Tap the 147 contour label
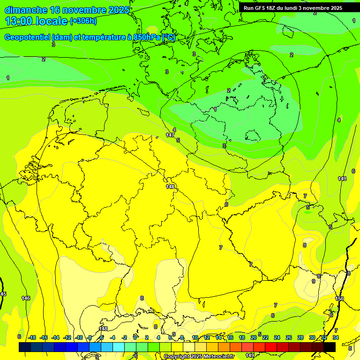click(x=170, y=135)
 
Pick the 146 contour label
click(x=26, y=298)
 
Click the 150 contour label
click(x=340, y=299)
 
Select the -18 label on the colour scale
click(x=32, y=337)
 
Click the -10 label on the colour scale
click(x=79, y=337)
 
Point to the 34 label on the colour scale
click(x=336, y=337)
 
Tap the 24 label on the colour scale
click(x=277, y=337)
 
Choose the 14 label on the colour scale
click(x=218, y=337)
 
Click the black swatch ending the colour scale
click(x=330, y=347)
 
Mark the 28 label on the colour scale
click(x=300, y=337)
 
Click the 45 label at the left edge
click(x=3, y=294)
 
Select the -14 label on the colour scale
click(x=55, y=337)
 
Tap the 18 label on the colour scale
click(x=242, y=337)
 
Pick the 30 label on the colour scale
click(x=312, y=337)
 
